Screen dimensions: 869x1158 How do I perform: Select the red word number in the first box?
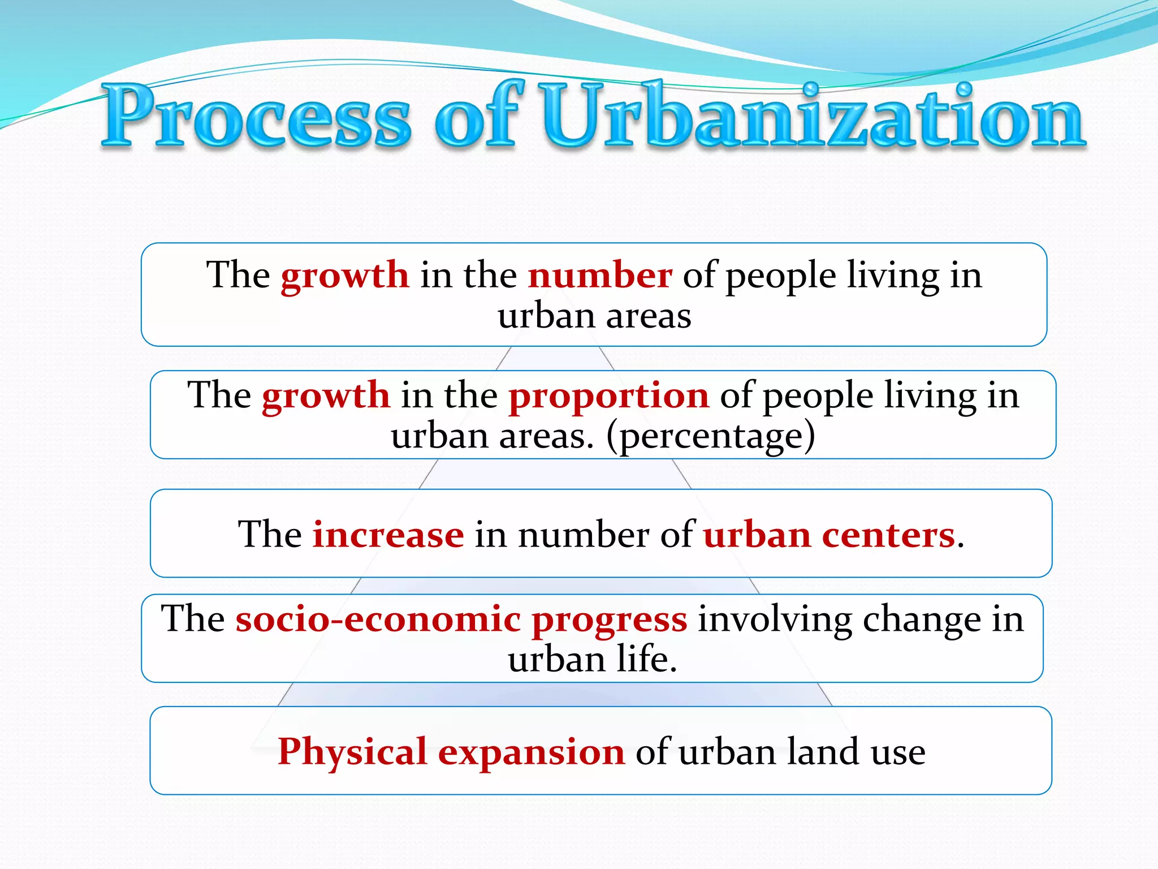click(600, 276)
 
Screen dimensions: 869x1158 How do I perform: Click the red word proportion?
click(608, 396)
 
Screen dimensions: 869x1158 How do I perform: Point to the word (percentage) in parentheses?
click(711, 437)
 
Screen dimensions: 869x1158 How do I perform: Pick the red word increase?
click(388, 535)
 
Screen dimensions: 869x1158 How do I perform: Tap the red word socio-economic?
click(378, 619)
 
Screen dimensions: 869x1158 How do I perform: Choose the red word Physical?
click(352, 752)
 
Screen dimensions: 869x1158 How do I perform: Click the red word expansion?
click(532, 753)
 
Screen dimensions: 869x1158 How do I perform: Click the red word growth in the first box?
click(345, 277)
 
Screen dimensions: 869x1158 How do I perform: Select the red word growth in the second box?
click(326, 396)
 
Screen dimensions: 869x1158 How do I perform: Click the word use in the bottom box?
click(898, 753)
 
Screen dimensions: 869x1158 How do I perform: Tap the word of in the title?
click(476, 116)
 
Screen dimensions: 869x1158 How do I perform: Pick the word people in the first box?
click(781, 277)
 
